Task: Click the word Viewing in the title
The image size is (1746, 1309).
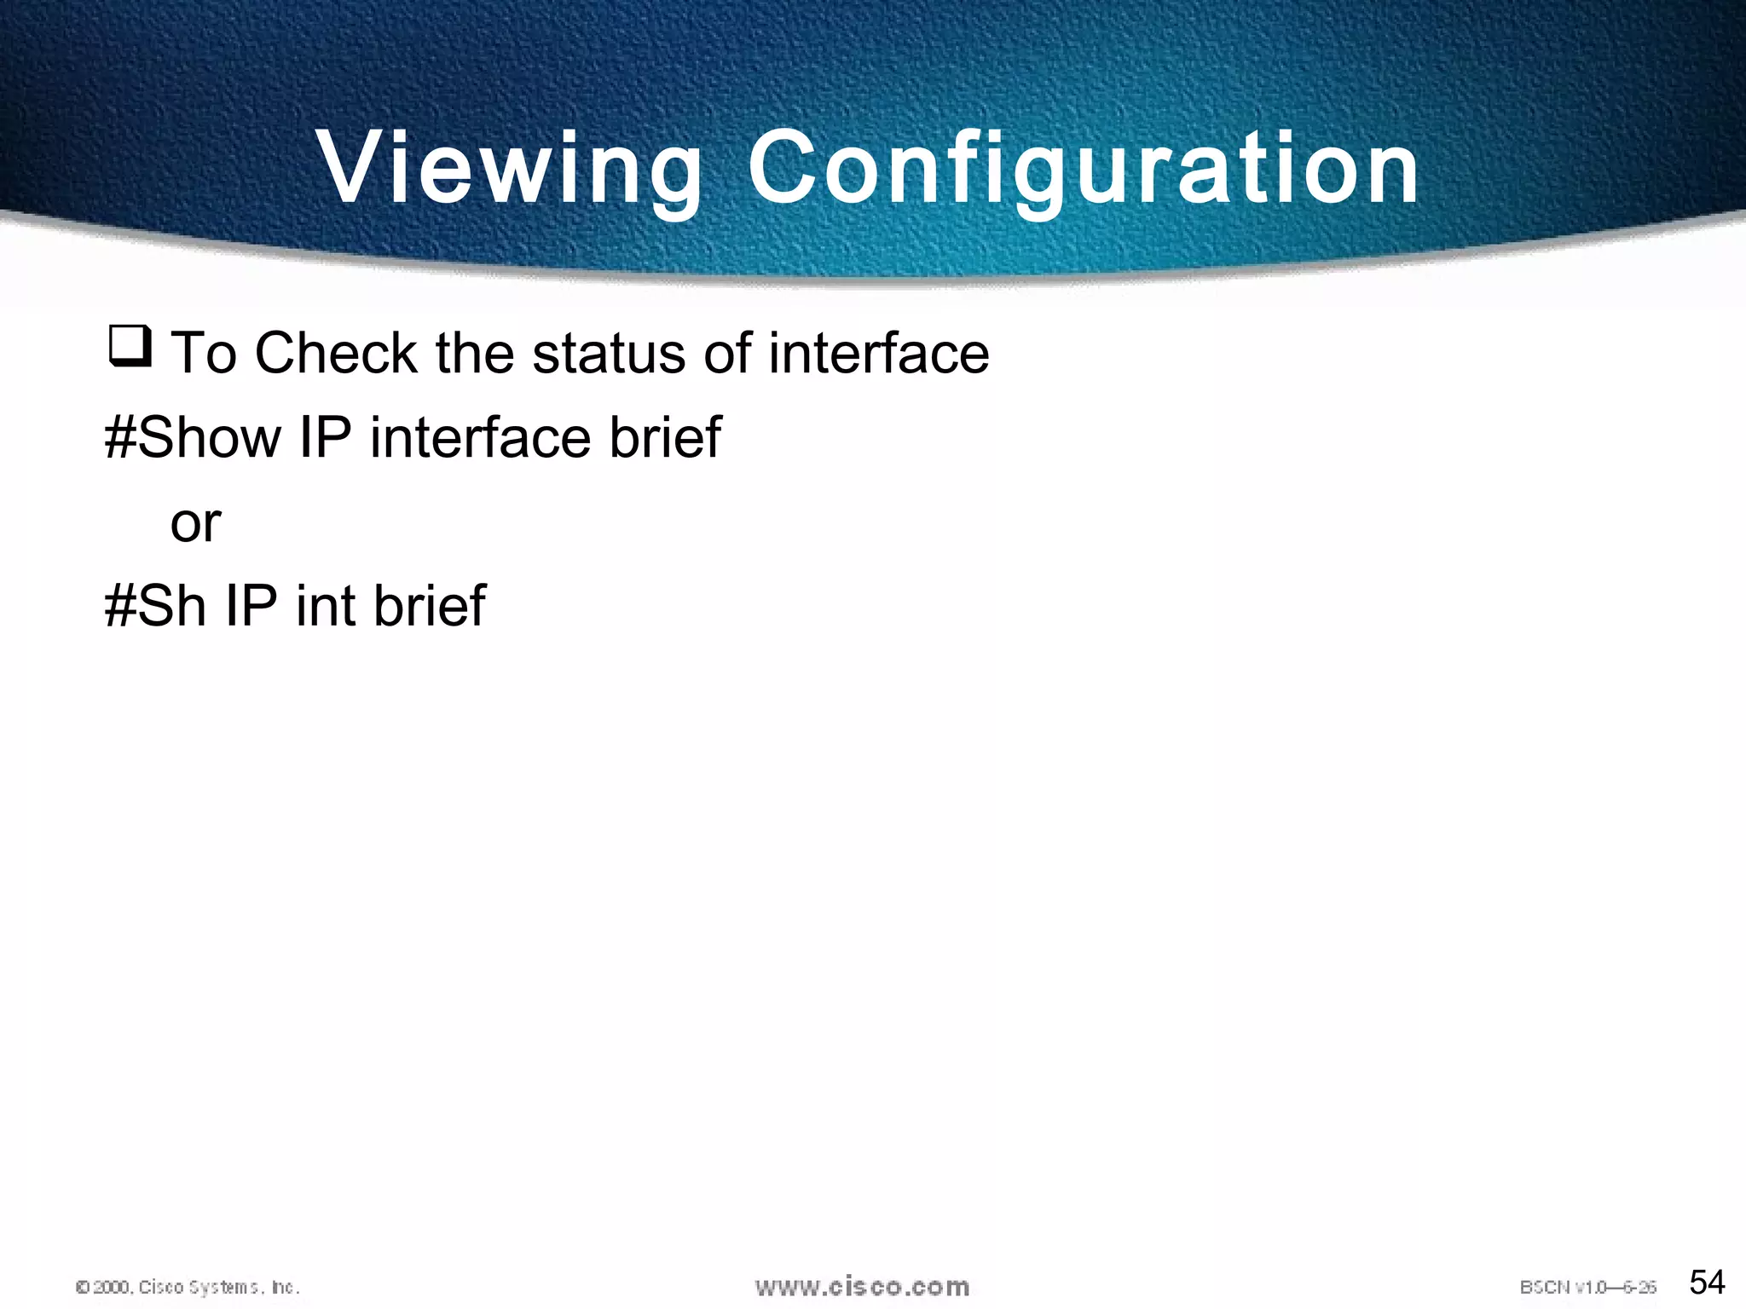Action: [509, 168]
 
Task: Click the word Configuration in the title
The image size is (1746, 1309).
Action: [1084, 168]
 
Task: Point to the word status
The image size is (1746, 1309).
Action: [607, 353]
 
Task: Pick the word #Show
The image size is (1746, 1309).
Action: [193, 437]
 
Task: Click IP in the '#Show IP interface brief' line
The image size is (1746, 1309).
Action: [326, 437]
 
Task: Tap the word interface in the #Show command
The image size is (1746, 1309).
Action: [479, 437]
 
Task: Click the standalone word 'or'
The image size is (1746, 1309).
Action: [195, 523]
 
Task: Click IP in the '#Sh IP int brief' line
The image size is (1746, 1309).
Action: [251, 606]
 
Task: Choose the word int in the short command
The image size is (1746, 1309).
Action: [326, 606]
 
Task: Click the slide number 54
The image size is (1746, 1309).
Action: [1707, 1282]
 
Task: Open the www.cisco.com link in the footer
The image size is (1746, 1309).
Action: [862, 1286]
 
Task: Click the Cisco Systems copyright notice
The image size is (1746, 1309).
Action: [188, 1287]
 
